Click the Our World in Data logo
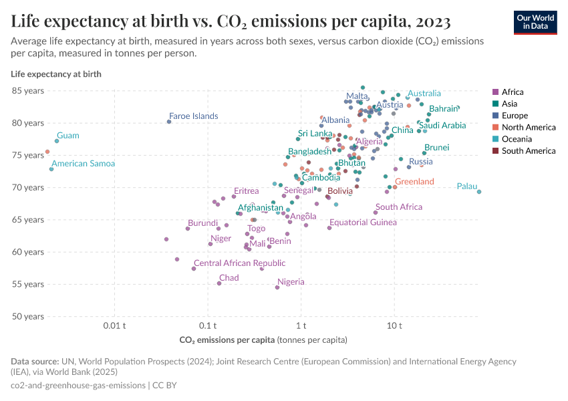(x=535, y=21)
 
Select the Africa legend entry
(x=512, y=92)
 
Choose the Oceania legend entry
(x=515, y=139)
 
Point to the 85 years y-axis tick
(x=26, y=91)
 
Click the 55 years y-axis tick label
(x=26, y=284)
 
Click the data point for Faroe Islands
(x=169, y=122)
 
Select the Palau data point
(x=479, y=192)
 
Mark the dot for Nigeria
(x=277, y=287)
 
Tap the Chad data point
(x=219, y=283)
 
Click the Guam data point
(x=57, y=141)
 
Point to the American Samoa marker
(x=51, y=169)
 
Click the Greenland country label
(x=414, y=182)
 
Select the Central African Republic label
(x=239, y=263)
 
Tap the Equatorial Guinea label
(x=363, y=223)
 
